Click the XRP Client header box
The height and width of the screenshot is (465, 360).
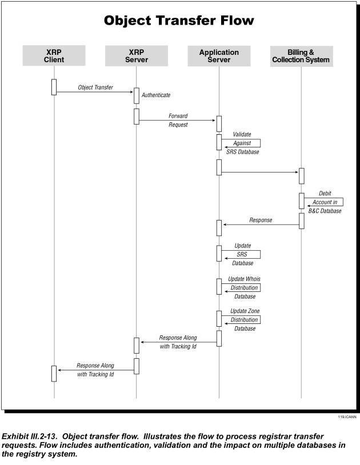tap(54, 55)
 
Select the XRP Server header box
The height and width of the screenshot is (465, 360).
tap(137, 56)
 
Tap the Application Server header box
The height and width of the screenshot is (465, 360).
tap(219, 56)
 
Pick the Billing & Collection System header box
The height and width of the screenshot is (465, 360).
tap(301, 56)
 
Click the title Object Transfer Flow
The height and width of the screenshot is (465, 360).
tap(179, 21)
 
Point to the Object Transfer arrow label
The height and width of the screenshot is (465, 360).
tap(95, 87)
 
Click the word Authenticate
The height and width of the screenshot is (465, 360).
tap(156, 95)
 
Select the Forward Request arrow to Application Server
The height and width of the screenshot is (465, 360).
tap(177, 121)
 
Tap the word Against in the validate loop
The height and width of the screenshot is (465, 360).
tap(242, 143)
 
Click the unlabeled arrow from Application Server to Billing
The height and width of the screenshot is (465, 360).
tap(260, 172)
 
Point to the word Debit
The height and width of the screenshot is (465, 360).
tap(325, 193)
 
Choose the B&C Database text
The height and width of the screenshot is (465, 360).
tap(325, 211)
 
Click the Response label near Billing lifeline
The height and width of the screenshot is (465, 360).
tap(261, 220)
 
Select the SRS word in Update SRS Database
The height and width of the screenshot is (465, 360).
tap(242, 254)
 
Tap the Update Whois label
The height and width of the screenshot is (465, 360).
tap(245, 279)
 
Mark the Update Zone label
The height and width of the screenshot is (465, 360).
tap(245, 311)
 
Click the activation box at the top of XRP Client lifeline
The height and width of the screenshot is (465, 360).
tap(54, 87)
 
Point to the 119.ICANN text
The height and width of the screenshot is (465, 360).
tap(347, 417)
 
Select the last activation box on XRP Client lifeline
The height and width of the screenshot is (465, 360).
tap(54, 374)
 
